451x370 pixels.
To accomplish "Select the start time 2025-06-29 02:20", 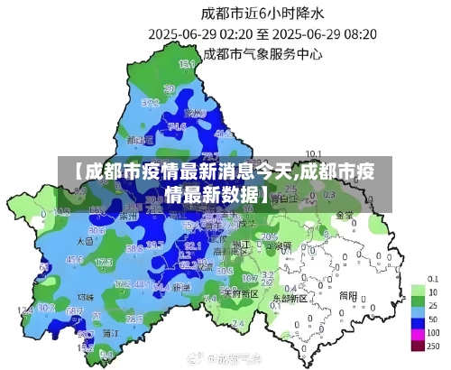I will (x=204, y=33).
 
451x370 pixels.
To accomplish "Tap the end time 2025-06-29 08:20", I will (x=325, y=33).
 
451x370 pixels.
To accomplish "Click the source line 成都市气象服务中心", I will (x=262, y=53).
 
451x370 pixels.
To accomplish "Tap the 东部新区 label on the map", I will (x=290, y=296).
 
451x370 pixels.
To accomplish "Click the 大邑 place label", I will (x=85, y=242).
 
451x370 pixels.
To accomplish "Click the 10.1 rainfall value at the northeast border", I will (x=314, y=153).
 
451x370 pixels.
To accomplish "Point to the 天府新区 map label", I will (x=241, y=293).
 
